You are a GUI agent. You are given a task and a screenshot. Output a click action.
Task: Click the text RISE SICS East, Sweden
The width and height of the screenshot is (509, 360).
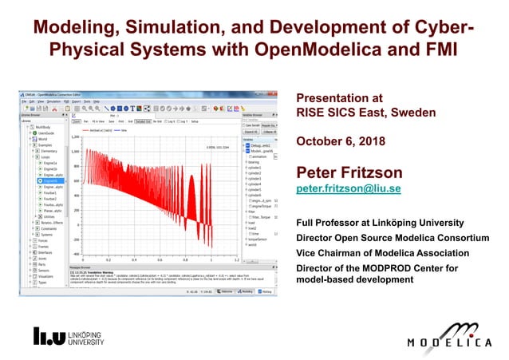pyautogui.click(x=365, y=113)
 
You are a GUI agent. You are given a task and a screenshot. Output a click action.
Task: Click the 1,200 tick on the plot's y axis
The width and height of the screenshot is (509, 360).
pyautogui.click(x=76, y=137)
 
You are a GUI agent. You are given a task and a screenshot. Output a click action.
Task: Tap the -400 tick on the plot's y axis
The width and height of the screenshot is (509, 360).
pyautogui.click(x=77, y=253)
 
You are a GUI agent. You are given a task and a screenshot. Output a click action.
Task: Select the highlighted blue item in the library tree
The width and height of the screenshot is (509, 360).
pyautogui.click(x=50, y=181)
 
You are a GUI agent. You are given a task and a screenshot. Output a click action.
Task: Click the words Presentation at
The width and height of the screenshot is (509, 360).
pyautogui.click(x=334, y=98)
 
